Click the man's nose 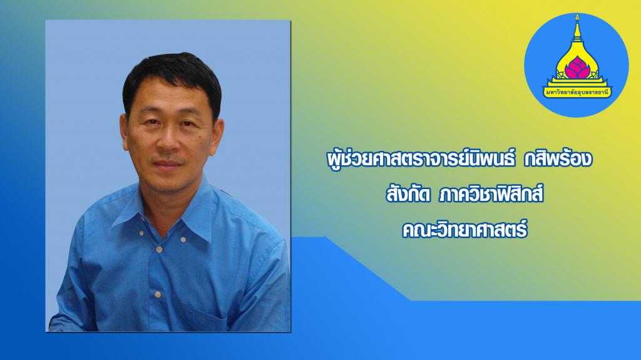(x=168, y=141)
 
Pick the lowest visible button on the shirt (x=157, y=294)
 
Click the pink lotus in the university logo (x=577, y=68)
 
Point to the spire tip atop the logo (x=577, y=16)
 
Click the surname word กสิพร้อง (x=558, y=160)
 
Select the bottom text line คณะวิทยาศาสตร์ (x=465, y=230)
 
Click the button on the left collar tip (x=141, y=233)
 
